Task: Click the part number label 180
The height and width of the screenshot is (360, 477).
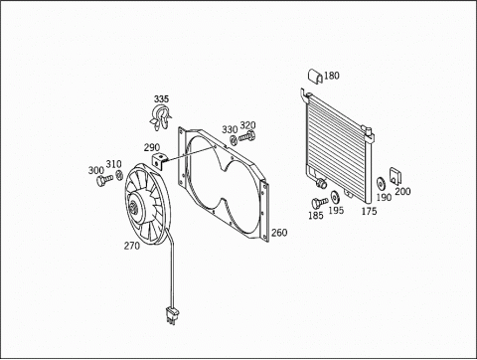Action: click(x=332, y=76)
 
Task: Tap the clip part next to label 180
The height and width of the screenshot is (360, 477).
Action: click(x=315, y=77)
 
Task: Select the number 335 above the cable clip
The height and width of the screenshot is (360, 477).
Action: click(x=161, y=99)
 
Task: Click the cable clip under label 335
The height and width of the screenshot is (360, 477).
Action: click(x=160, y=117)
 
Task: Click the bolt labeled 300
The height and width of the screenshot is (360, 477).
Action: click(x=104, y=180)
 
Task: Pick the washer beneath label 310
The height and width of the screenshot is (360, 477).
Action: click(x=119, y=175)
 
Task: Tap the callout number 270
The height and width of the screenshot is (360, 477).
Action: click(x=132, y=246)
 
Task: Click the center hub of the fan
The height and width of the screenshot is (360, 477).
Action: click(x=134, y=207)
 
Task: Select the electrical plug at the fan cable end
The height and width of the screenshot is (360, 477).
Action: click(x=172, y=315)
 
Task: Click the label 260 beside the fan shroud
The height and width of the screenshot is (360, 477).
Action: click(x=279, y=233)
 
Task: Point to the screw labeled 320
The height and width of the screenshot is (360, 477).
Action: click(x=247, y=136)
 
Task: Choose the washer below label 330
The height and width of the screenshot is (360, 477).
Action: click(x=234, y=140)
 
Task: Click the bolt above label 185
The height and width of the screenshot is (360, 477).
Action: click(x=319, y=202)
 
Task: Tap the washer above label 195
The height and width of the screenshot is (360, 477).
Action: click(x=335, y=197)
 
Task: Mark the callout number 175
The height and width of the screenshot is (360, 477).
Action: click(x=369, y=211)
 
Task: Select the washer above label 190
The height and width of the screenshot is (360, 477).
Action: click(x=381, y=183)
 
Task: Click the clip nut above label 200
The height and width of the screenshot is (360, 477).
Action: click(x=396, y=175)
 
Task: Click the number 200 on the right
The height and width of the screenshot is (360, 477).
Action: click(x=402, y=191)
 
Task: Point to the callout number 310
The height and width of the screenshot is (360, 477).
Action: click(x=113, y=164)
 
